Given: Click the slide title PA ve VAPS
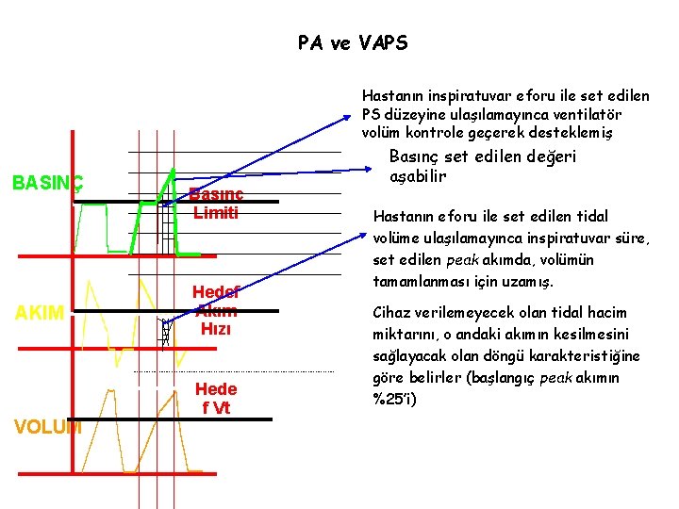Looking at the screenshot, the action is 353,43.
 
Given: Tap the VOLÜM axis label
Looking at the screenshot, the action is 47,426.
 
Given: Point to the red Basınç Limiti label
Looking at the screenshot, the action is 216,203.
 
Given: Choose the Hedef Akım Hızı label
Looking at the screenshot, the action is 215,310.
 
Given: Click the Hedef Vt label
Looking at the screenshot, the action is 216,398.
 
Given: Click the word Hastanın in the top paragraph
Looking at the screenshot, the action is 391,95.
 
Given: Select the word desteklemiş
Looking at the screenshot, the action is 577,131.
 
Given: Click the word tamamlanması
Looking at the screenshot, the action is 419,281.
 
